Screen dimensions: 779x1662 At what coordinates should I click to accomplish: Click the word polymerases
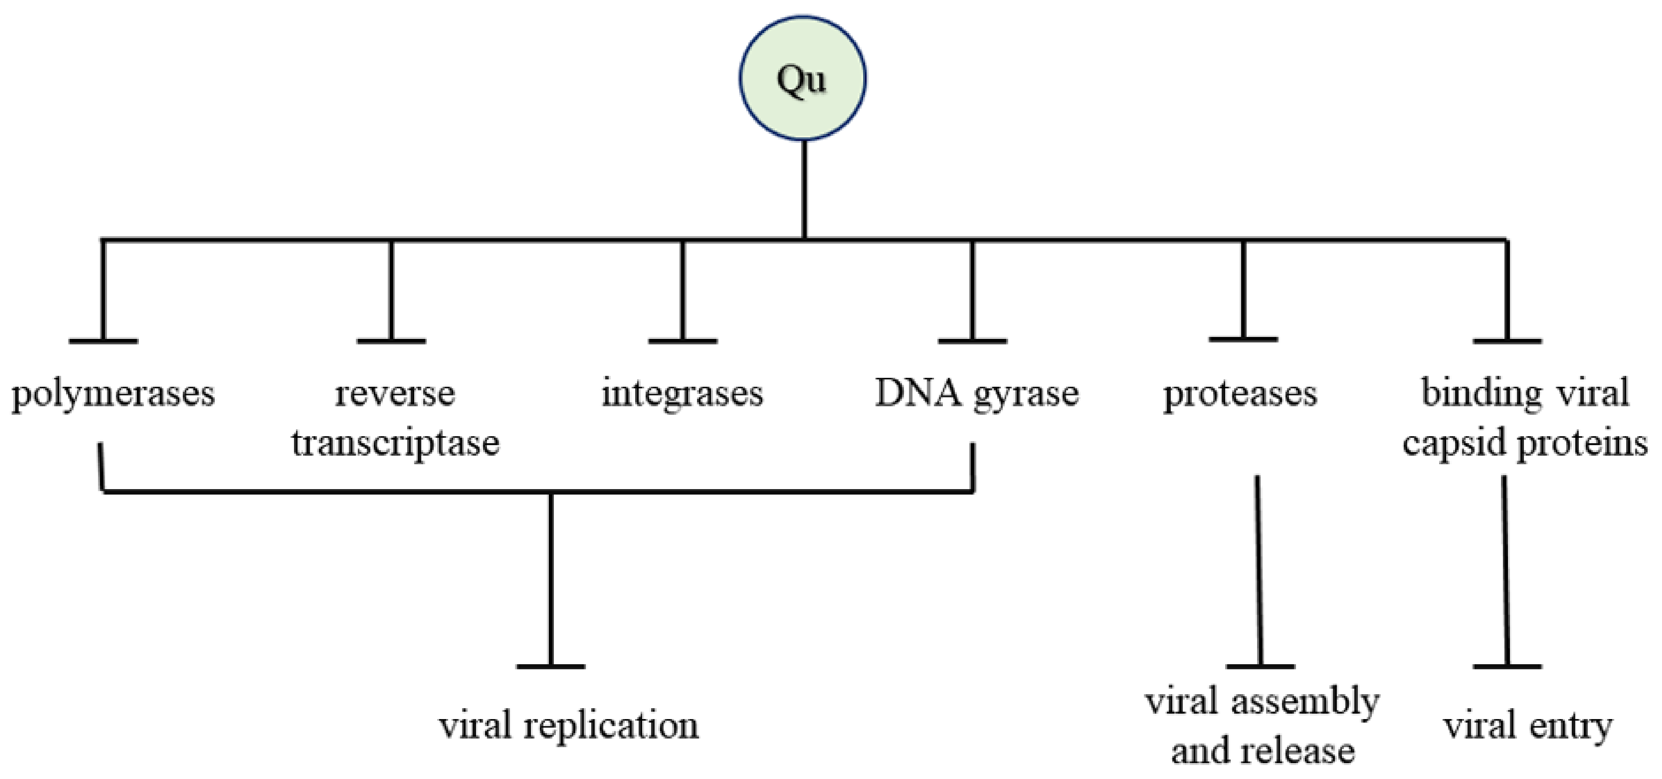pyautogui.click(x=113, y=394)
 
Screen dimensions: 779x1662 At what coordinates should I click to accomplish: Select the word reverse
pyautogui.click(x=394, y=394)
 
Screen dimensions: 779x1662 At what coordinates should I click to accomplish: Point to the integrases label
pyautogui.click(x=682, y=394)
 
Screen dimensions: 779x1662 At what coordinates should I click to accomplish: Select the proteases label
pyautogui.click(x=1240, y=394)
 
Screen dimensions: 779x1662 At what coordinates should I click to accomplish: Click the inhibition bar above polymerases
pyautogui.click(x=103, y=341)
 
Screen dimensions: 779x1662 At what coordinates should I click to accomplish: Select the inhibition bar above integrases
pyautogui.click(x=683, y=341)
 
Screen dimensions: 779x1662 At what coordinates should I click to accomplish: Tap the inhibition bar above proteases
pyautogui.click(x=1243, y=339)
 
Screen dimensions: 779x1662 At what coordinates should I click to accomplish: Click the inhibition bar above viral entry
pyautogui.click(x=1507, y=666)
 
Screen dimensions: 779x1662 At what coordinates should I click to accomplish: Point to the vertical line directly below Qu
pyautogui.click(x=804, y=190)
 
